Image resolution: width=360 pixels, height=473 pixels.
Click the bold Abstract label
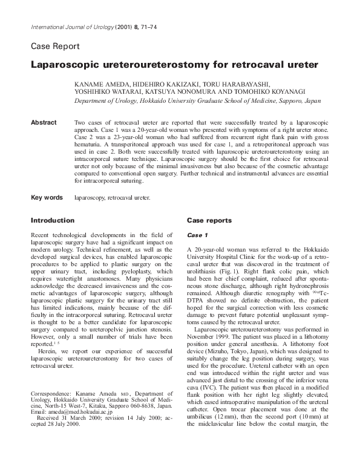[x=43, y=123]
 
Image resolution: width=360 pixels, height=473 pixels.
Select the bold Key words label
[x=47, y=197]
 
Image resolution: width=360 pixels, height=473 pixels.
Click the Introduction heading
[x=53, y=221]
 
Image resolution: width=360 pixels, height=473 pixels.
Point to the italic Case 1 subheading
[x=197, y=235]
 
